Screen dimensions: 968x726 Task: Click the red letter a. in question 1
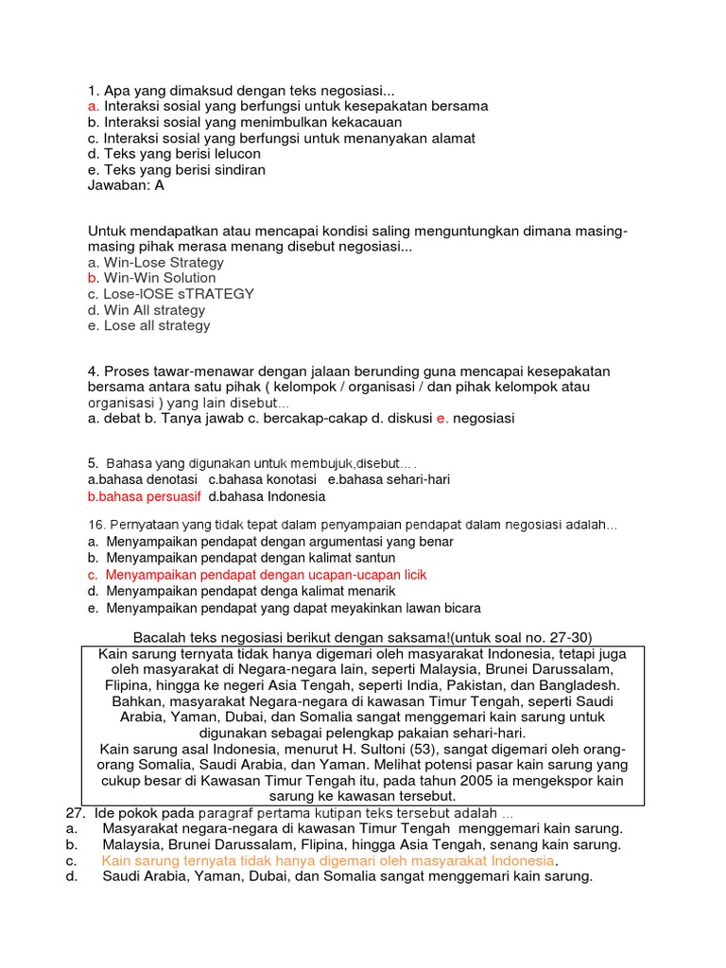[93, 107]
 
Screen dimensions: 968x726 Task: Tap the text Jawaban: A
[126, 185]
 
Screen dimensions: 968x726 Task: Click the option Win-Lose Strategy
[164, 262]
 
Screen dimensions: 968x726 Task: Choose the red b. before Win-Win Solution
[93, 278]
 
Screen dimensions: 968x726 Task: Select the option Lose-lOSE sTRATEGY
[179, 294]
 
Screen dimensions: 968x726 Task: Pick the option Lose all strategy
[157, 326]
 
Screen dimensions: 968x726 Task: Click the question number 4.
[93, 371]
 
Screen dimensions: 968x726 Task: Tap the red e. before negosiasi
[441, 418]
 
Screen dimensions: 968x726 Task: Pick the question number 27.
[75, 814]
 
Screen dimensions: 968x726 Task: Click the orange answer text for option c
[327, 861]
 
